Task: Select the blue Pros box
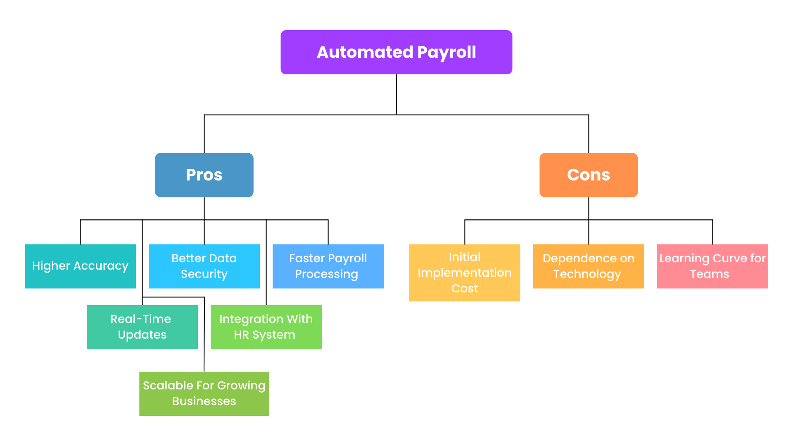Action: click(x=204, y=175)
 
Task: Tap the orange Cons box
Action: click(x=588, y=175)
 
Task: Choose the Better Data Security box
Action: click(x=204, y=266)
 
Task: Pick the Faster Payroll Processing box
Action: click(x=328, y=266)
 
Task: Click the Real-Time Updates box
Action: click(x=142, y=327)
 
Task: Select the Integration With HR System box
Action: click(x=266, y=327)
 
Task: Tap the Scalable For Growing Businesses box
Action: click(x=204, y=393)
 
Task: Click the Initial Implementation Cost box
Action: click(x=464, y=273)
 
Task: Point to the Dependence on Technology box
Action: click(x=588, y=266)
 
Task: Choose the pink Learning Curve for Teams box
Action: click(x=712, y=266)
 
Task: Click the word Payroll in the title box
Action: click(x=446, y=52)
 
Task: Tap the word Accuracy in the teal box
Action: click(x=101, y=266)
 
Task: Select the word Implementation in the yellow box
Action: click(x=464, y=273)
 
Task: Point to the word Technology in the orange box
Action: click(x=587, y=274)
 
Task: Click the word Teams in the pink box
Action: click(x=709, y=274)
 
